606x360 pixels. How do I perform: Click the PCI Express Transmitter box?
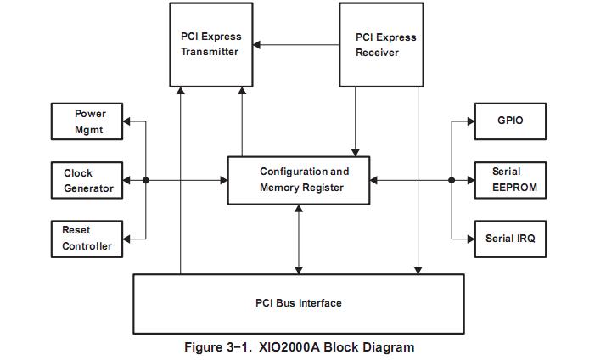point(210,44)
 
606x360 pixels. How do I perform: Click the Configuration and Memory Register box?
point(299,180)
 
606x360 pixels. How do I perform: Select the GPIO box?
point(510,121)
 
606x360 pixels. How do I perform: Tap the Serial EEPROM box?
point(510,180)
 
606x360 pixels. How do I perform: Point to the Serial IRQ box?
point(510,239)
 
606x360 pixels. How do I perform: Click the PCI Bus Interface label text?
point(298,303)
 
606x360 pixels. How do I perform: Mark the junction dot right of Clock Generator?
point(146,180)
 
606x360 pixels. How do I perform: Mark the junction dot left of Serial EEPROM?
point(452,180)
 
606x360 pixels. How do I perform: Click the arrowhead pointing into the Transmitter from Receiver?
point(257,44)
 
